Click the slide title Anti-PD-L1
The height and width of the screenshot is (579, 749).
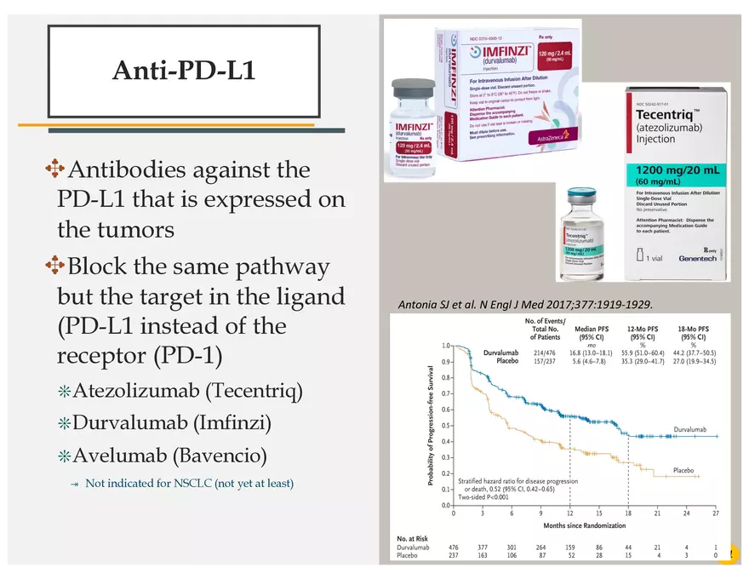pyautogui.click(x=184, y=71)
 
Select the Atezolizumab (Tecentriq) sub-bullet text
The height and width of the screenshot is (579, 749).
pyautogui.click(x=187, y=391)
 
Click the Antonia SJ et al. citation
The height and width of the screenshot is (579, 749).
pyautogui.click(x=525, y=304)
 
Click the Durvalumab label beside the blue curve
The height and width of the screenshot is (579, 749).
pyautogui.click(x=695, y=429)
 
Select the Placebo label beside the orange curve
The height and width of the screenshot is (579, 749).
pyautogui.click(x=683, y=470)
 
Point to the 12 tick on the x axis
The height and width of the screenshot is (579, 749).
pyautogui.click(x=570, y=513)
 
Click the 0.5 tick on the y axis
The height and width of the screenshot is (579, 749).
pyautogui.click(x=447, y=426)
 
